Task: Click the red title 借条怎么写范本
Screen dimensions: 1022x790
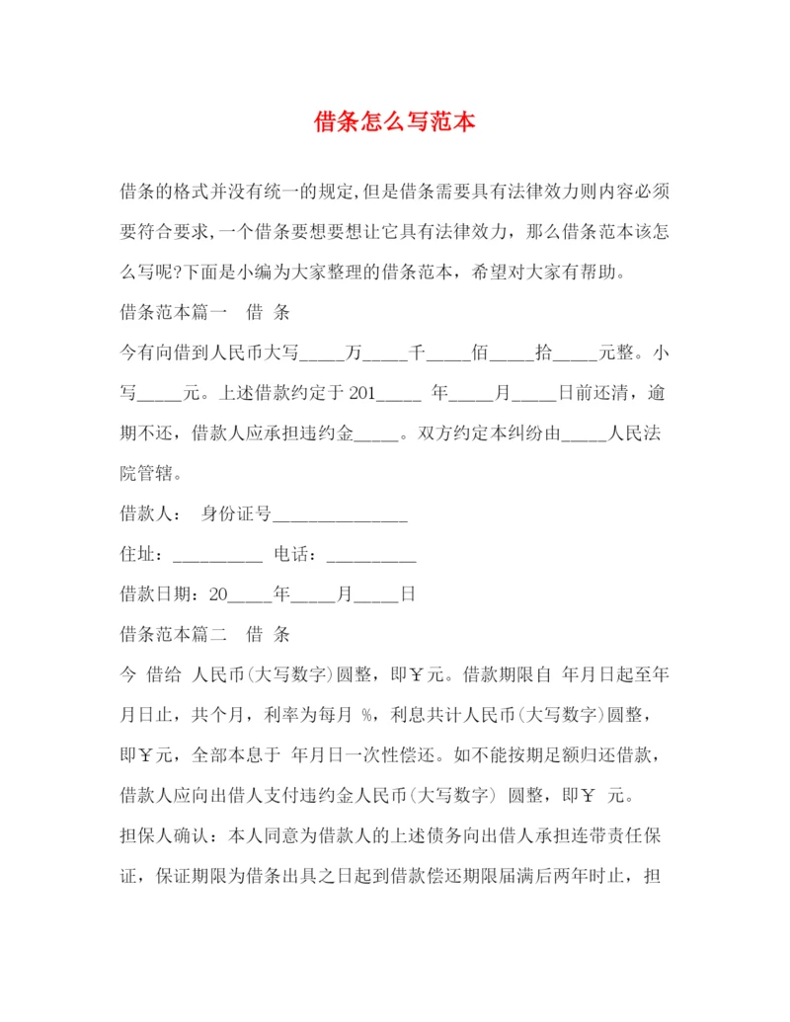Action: (395, 122)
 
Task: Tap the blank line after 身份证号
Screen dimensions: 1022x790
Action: (340, 514)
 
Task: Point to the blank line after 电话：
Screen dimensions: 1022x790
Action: (370, 555)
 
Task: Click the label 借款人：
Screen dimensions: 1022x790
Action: (149, 514)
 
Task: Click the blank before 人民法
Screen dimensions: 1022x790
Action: (583, 433)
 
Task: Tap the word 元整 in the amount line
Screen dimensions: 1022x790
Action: (621, 353)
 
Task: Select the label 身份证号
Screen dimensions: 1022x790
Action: (236, 514)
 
